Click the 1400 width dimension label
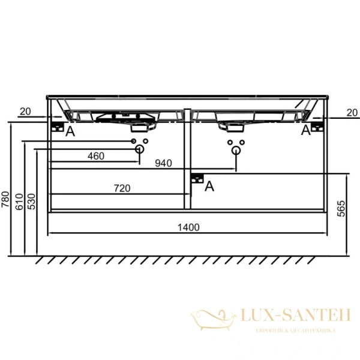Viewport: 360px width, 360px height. pyautogui.click(x=188, y=227)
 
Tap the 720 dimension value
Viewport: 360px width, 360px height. pyautogui.click(x=122, y=188)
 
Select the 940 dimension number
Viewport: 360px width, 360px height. pyautogui.click(x=163, y=163)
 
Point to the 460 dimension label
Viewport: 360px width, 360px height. pyautogui.click(x=96, y=156)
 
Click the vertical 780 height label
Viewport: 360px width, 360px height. pyautogui.click(x=5, y=199)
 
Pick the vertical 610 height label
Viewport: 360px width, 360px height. pyautogui.click(x=20, y=202)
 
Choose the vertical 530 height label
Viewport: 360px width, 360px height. pyautogui.click(x=32, y=202)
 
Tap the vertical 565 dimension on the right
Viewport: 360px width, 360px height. pyautogui.click(x=341, y=208)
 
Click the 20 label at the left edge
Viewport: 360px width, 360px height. pyautogui.click(x=25, y=112)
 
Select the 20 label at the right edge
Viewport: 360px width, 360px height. pyautogui.click(x=352, y=113)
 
